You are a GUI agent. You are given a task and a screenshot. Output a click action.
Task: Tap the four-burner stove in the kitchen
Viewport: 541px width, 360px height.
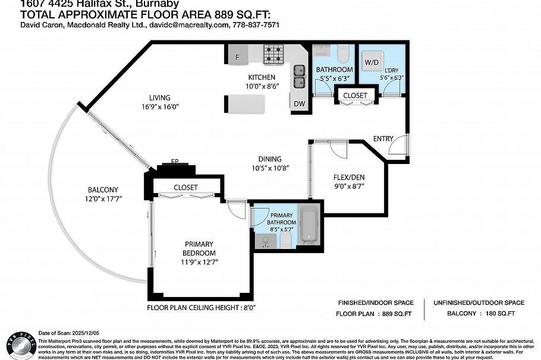(x=274, y=54)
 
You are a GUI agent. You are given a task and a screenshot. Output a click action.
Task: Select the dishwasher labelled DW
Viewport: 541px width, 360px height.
(x=299, y=103)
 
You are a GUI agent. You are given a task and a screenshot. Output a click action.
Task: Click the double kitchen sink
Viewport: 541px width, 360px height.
(x=299, y=77)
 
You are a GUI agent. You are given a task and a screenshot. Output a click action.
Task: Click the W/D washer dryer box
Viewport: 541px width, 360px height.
(x=372, y=61)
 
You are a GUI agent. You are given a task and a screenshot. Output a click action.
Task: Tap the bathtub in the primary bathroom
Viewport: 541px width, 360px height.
(x=309, y=225)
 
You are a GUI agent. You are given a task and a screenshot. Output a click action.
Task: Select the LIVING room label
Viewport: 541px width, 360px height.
(x=160, y=98)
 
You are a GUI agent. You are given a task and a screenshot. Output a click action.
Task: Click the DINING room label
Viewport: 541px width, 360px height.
(x=270, y=159)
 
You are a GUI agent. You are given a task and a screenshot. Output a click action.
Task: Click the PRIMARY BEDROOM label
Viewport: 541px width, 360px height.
(x=199, y=248)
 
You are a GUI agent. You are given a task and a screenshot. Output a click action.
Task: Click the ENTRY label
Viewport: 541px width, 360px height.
(x=383, y=138)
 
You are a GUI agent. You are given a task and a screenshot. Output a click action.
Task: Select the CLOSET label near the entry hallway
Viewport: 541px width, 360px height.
(x=356, y=95)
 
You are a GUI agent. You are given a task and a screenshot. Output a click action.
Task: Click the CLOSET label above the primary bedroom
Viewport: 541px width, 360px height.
(x=185, y=188)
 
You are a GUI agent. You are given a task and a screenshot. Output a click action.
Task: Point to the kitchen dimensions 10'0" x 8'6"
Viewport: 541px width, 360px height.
(x=262, y=86)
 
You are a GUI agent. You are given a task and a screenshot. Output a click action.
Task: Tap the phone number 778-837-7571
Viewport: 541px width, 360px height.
(x=256, y=25)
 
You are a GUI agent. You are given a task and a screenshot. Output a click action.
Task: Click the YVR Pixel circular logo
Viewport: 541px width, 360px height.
(x=19, y=343)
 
